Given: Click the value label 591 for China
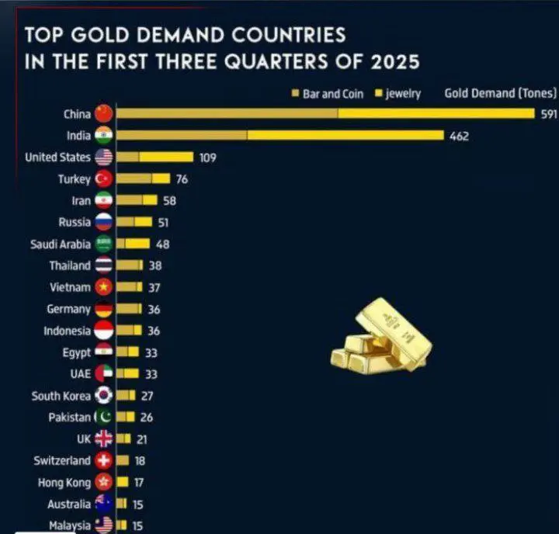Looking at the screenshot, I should tap(549, 114).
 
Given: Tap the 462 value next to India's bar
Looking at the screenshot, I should tap(459, 136).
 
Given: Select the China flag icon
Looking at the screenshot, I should tap(103, 114).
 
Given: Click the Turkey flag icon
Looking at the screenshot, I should tap(103, 179).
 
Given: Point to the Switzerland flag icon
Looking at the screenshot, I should tap(103, 460).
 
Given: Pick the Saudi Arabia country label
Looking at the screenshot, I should tap(61, 244).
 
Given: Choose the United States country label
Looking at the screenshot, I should tap(57, 158).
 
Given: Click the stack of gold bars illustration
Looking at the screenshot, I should tap(381, 335).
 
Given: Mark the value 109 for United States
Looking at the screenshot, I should tap(207, 158).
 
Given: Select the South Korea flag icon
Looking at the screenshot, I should tap(103, 396).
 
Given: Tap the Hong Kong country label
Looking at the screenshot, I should tap(64, 483).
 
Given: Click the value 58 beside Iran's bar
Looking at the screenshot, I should tap(170, 201).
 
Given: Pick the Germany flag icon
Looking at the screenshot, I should tap(103, 309).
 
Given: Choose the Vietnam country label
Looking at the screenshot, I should tap(70, 287).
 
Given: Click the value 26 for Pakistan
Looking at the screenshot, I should tap(147, 417).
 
